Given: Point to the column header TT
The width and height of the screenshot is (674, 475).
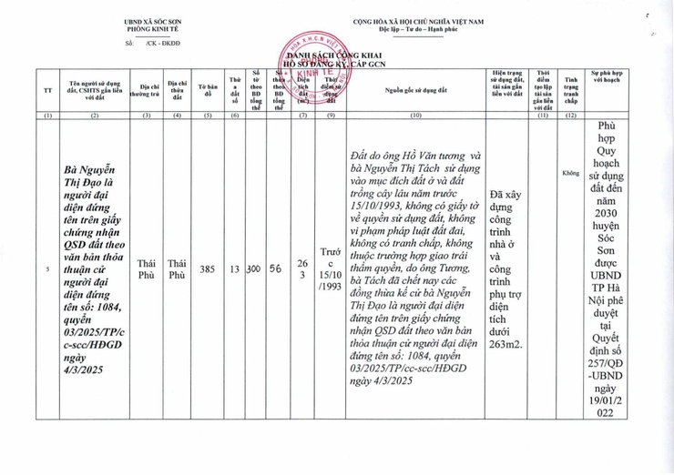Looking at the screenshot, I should point(48,89).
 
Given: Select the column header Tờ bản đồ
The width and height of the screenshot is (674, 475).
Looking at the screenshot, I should point(208,89).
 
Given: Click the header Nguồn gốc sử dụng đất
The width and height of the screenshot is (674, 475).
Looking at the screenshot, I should point(416,89).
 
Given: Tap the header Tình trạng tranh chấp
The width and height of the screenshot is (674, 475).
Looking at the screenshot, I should point(571,89).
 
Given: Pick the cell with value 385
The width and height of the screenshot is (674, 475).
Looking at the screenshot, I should point(208,269).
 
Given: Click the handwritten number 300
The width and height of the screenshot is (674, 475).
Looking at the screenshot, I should point(255,269).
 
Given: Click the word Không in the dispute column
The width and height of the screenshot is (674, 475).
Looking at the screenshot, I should point(571,172).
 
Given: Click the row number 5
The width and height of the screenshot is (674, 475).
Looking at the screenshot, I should point(48,269).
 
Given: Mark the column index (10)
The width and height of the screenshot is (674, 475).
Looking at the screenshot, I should point(416,116).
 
